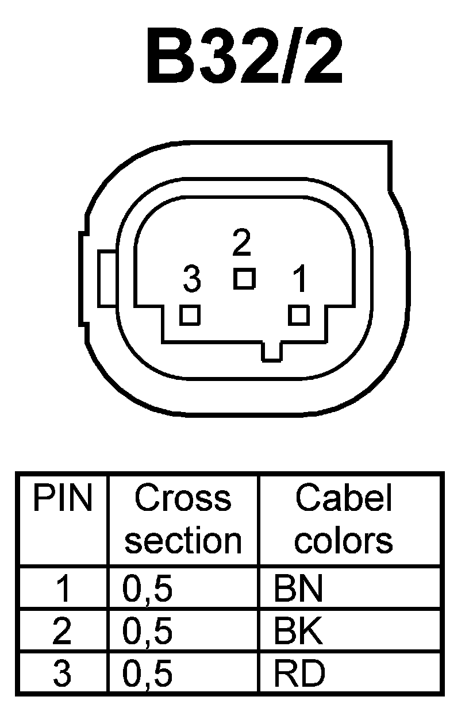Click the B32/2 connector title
point(244,57)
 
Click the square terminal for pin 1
point(299,315)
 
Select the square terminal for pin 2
point(244,279)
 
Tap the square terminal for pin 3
point(189,315)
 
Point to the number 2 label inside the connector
point(242,243)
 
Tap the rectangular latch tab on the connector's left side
point(107,278)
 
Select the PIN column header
point(62,499)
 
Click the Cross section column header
point(183,520)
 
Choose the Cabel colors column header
point(344,520)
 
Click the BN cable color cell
point(299,588)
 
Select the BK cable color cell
point(299,630)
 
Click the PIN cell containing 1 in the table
point(62,590)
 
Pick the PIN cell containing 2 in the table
point(61,631)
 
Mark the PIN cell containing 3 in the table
point(61,673)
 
